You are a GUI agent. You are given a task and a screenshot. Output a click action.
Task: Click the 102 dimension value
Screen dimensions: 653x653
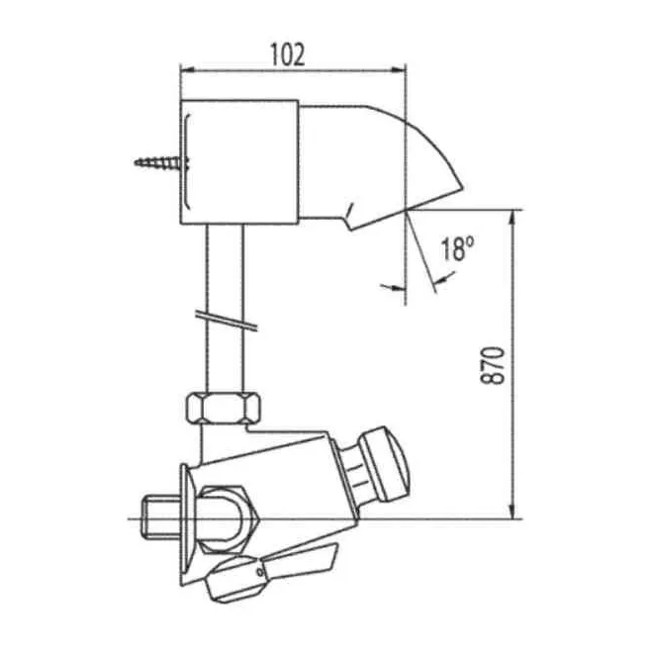(288, 54)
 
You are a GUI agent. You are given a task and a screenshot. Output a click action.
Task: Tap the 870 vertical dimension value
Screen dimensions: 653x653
(493, 365)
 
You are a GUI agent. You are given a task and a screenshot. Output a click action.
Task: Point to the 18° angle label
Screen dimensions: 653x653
(457, 248)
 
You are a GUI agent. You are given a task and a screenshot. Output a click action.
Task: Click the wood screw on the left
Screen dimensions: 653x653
(161, 163)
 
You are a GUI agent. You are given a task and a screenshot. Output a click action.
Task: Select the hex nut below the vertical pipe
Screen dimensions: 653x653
(224, 408)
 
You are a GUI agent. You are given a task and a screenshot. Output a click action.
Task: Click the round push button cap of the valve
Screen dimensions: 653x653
(385, 464)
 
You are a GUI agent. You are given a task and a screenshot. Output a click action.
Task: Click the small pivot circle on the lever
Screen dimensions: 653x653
(260, 572)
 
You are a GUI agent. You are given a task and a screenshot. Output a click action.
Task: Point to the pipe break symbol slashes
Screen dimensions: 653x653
(227, 321)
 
